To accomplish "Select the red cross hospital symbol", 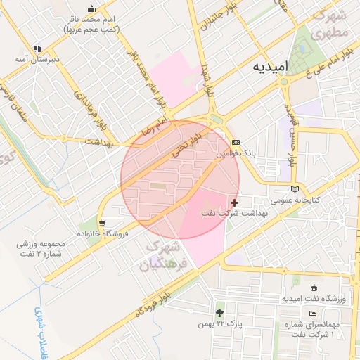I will click(x=234, y=202).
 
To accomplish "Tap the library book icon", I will click(x=295, y=188).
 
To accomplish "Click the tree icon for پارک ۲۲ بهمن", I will click(x=220, y=312).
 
